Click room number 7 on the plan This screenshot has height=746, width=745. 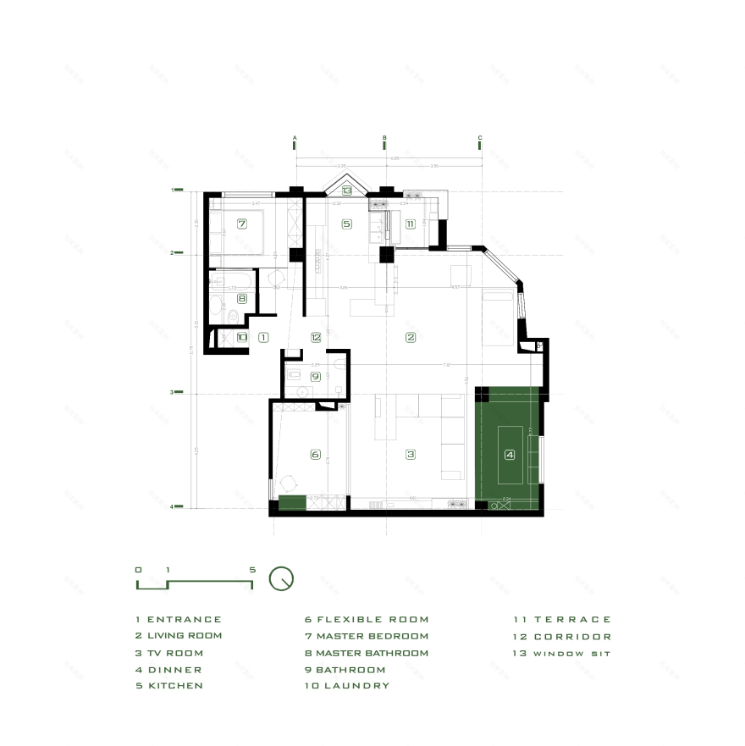pos(242,224)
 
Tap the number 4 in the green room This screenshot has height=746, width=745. pos(510,455)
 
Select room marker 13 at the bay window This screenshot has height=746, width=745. pos(346,191)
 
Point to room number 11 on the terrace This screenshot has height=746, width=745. pos(411,224)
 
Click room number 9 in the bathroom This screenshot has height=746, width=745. pos(316,376)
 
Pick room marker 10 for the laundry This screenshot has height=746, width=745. pos(242,337)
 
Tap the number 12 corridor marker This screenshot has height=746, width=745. pos(316,337)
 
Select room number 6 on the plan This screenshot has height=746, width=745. pos(316,455)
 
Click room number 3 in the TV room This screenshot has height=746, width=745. pos(411,455)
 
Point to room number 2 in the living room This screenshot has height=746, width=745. pos(411,337)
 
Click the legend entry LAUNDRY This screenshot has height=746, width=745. pos(355,685)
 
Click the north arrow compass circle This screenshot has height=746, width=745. pos(281,578)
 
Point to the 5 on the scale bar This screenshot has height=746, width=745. pos(252,570)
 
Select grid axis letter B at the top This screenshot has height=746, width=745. pos(384,137)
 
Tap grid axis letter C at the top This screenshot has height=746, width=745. pos(480,137)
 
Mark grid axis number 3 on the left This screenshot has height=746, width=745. pos(172,392)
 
